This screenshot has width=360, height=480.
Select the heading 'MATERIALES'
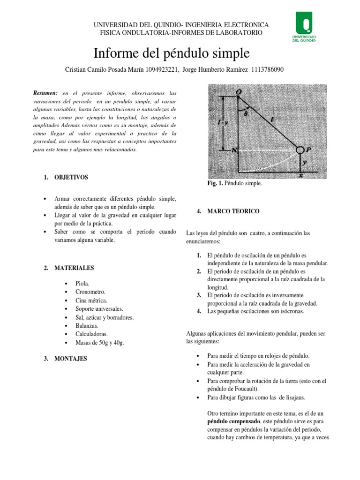pyautogui.click(x=74, y=268)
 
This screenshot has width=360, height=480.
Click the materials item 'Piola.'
pyautogui.click(x=82, y=284)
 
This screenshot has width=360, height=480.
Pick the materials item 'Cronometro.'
pyautogui.click(x=91, y=292)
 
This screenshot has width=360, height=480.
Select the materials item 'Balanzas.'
pyautogui.click(x=88, y=326)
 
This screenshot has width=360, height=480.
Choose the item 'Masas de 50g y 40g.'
pyautogui.click(x=100, y=343)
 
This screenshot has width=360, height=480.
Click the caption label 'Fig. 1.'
pyautogui.click(x=217, y=184)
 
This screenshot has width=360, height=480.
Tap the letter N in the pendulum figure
pyautogui.click(x=233, y=150)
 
